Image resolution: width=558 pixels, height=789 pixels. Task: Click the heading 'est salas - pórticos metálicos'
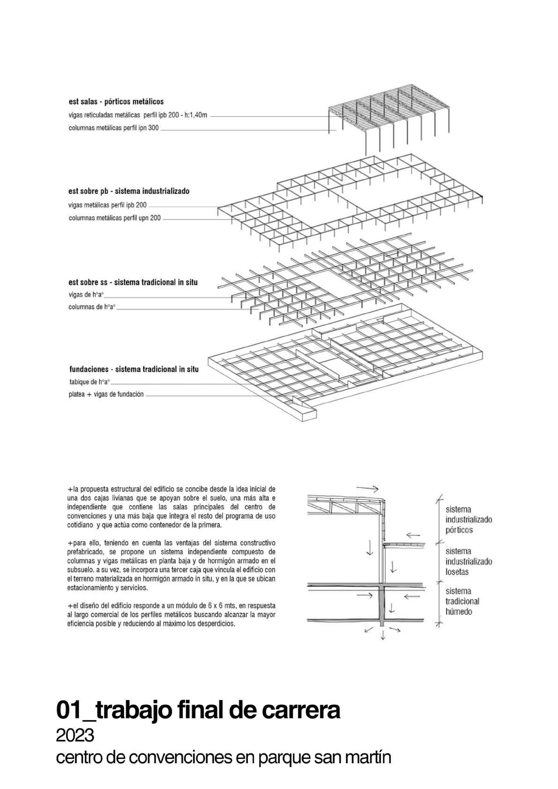[116, 101]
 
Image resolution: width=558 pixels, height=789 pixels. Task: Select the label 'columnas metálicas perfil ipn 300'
[113, 127]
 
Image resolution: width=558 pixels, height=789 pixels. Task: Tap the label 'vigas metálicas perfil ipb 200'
[107, 205]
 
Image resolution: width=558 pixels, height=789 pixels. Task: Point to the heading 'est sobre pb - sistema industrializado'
[129, 191]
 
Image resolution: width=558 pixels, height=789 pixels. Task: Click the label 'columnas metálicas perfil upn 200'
[114, 218]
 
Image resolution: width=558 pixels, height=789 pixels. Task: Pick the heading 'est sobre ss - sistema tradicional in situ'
[133, 282]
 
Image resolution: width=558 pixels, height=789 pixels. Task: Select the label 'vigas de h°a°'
[86, 295]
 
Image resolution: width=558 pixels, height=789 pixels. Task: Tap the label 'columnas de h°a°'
[92, 307]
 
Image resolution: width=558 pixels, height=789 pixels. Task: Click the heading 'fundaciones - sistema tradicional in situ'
[134, 369]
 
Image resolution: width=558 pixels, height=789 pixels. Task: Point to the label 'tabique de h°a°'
[89, 381]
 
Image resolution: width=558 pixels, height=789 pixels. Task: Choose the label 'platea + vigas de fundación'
[106, 394]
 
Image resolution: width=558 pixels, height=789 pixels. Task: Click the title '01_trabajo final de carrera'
[198, 710]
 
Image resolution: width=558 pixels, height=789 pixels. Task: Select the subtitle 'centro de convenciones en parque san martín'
[223, 758]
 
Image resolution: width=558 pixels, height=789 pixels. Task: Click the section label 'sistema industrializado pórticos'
[469, 520]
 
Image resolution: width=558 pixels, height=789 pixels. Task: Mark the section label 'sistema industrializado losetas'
[469, 561]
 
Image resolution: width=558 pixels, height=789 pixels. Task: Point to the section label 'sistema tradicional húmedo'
[462, 601]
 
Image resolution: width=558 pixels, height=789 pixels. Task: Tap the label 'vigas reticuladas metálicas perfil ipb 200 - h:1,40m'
[138, 114]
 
